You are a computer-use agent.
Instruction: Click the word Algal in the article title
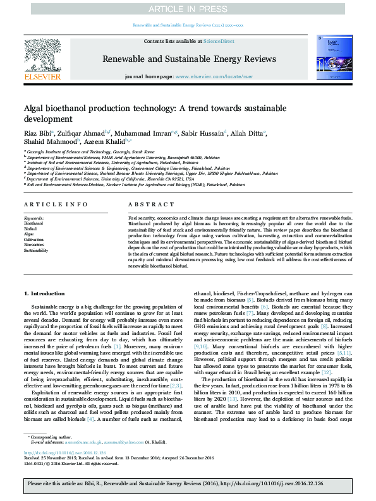(x=35, y=109)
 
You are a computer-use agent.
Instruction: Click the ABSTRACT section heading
(x=147, y=205)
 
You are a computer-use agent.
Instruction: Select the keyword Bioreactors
(x=35, y=244)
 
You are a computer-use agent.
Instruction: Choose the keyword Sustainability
(x=36, y=250)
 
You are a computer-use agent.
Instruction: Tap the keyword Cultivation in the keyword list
(x=34, y=239)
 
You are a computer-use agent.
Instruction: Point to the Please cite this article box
(x=188, y=484)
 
